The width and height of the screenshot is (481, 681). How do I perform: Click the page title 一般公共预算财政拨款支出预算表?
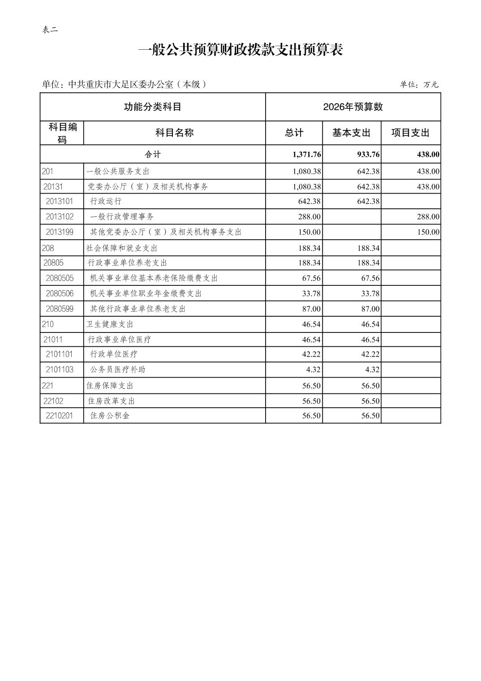click(240, 50)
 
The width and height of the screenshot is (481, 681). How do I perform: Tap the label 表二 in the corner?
click(50, 30)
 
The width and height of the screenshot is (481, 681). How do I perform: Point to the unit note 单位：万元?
click(419, 84)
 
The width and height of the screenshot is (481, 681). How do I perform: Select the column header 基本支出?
click(351, 133)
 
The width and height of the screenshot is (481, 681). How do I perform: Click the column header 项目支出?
click(410, 133)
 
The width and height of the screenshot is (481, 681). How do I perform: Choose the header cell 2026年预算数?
click(353, 107)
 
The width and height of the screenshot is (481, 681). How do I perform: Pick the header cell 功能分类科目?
click(152, 107)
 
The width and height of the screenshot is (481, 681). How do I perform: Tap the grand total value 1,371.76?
click(306, 154)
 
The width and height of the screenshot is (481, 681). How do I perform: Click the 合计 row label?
click(152, 154)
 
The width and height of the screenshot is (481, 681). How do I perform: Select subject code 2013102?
click(60, 216)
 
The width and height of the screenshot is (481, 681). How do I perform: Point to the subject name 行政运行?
click(106, 201)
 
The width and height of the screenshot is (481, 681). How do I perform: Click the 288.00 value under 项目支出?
click(428, 216)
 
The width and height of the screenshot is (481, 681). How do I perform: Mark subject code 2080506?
click(60, 293)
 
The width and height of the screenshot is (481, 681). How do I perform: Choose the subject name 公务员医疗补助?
click(117, 369)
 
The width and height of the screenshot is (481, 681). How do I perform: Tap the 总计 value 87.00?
click(311, 309)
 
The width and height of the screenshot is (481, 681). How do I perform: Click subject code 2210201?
click(59, 415)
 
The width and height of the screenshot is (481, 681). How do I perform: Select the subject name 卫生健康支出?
click(110, 324)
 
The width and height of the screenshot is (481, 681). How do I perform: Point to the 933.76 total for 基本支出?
click(368, 154)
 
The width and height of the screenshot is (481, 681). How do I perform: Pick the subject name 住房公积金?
click(110, 415)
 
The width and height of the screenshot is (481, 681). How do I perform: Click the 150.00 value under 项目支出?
click(428, 232)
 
